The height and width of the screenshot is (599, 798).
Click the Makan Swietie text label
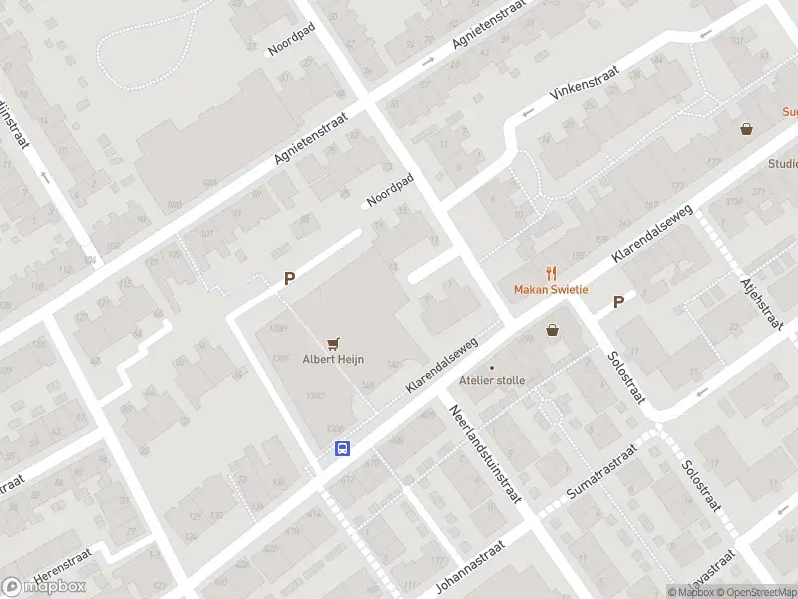pyautogui.click(x=551, y=290)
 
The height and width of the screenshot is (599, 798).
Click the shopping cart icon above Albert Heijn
pyautogui.click(x=333, y=344)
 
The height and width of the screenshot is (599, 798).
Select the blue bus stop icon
pyautogui.click(x=341, y=448)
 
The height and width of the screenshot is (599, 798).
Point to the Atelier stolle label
pyautogui.click(x=491, y=380)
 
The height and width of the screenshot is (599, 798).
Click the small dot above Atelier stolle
pyautogui.click(x=491, y=368)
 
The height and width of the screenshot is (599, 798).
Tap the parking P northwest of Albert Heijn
pyautogui.click(x=289, y=280)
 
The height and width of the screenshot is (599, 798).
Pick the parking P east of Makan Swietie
pyautogui.click(x=619, y=301)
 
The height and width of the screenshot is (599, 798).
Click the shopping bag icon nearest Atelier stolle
pyautogui.click(x=552, y=330)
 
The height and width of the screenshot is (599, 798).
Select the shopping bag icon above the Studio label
pyautogui.click(x=746, y=129)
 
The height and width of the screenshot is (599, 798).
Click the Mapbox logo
pyautogui.click(x=44, y=587)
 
